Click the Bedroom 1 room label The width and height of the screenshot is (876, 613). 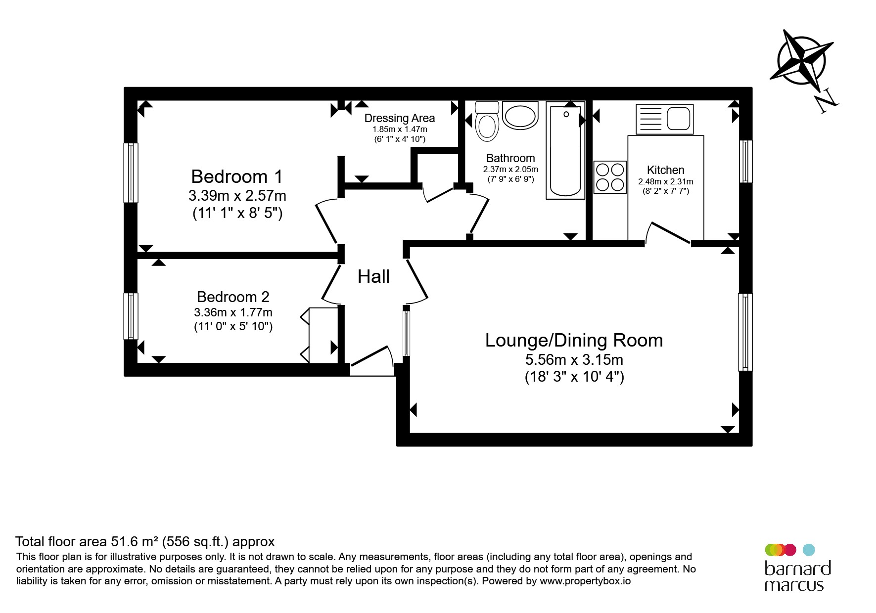pos(237,176)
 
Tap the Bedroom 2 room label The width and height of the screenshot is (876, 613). pos(233,297)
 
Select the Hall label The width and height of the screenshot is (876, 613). pos(373,276)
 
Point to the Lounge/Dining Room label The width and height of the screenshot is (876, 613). pos(574,341)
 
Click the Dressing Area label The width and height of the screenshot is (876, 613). pos(400,118)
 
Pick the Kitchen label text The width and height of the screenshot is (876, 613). pos(665,170)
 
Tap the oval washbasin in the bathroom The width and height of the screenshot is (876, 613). pos(520,116)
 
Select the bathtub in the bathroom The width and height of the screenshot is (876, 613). pos(565,150)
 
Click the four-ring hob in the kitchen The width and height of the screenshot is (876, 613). pos(610,177)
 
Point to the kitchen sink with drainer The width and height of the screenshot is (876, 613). pos(664,119)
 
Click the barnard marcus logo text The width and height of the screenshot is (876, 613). pos(797,576)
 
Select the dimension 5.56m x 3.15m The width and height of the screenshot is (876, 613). pos(574,359)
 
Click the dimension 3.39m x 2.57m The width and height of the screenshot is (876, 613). pos(237,196)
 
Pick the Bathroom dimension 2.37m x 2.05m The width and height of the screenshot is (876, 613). pos(510,169)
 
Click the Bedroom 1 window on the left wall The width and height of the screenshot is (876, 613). pos(131,173)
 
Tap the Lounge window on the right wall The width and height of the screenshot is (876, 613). pos(745,332)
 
